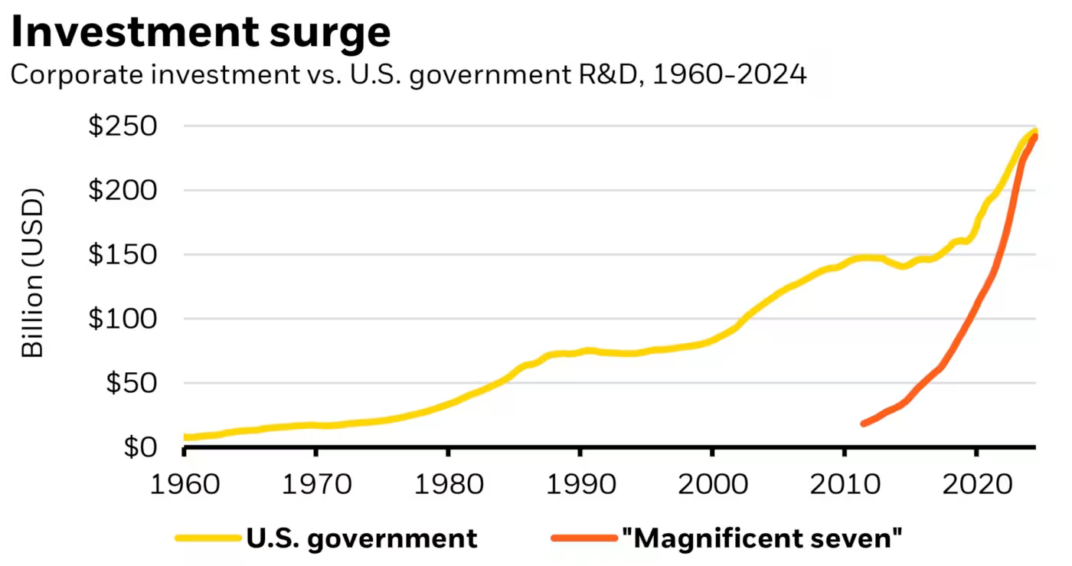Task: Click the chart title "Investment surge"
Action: coord(201,32)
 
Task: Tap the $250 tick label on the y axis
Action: coord(123,126)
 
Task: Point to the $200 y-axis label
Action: coord(123,190)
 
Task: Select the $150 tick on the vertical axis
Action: coord(123,254)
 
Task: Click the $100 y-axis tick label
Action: coord(123,319)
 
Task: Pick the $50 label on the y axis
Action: coord(130,383)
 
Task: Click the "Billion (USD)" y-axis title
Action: coord(32,273)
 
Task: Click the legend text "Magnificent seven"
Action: coord(763,538)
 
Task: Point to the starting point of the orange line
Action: coord(864,423)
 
